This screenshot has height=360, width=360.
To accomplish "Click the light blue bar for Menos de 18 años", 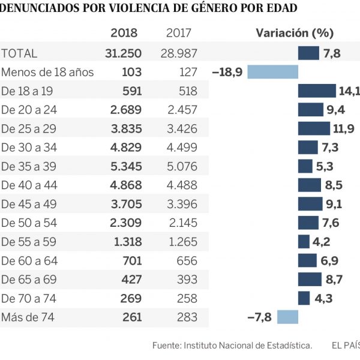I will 273,72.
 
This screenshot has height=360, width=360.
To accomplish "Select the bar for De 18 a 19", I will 317,91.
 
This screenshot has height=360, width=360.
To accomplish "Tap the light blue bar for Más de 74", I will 287,317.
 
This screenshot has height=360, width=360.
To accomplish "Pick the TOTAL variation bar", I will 308,53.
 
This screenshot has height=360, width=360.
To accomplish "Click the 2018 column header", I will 124,34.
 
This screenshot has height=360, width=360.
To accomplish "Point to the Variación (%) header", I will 295,34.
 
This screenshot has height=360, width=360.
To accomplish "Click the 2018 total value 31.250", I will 123,53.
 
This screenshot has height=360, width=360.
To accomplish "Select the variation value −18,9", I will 227,72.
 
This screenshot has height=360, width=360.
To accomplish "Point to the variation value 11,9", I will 344,128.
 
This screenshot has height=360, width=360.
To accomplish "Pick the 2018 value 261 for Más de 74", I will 131,317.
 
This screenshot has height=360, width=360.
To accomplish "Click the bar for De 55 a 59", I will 304,241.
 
